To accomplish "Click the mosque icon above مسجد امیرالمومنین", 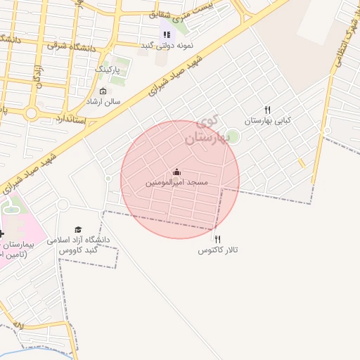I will pos(176,172).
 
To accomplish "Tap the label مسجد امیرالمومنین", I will pos(176,183).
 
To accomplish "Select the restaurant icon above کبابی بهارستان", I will pos(267,110).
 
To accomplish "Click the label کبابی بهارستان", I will pos(267,121).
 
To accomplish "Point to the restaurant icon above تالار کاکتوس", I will pos(217,240).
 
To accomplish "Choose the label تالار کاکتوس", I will pos(218,250).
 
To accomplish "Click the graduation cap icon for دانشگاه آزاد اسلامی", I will pos(78,230).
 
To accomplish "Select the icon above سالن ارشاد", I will pos(103,91).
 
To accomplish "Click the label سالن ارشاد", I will pos(103,102).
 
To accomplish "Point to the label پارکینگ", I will pos(108,69).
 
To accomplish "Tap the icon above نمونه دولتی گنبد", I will pos(167,34).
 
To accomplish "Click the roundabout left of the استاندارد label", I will pos(31,113).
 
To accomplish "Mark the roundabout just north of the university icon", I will pos(63,205).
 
